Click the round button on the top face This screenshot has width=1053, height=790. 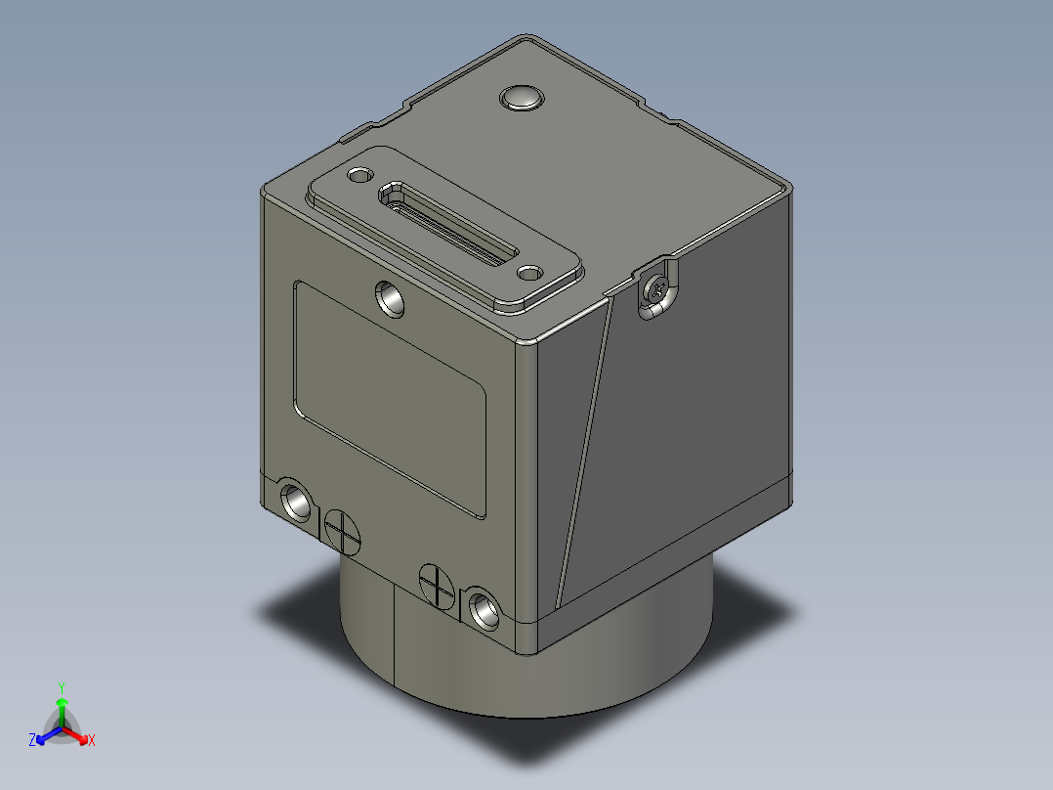[522, 98]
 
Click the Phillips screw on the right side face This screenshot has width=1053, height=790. [658, 288]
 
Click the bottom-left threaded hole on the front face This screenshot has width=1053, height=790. [295, 502]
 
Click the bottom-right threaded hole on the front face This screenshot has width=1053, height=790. [482, 609]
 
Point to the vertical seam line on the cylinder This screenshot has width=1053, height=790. [394, 631]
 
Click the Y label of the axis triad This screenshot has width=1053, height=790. [62, 686]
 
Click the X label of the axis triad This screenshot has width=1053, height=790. [91, 741]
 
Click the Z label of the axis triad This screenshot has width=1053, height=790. [32, 741]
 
